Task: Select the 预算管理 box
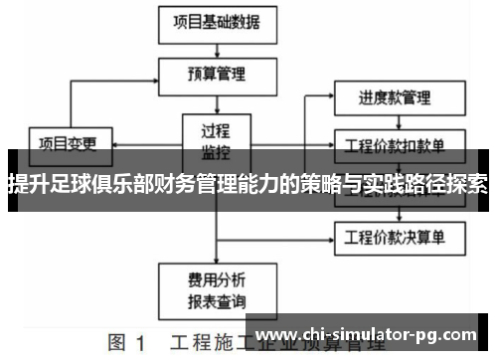pyautogui.click(x=216, y=73)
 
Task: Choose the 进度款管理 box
pyautogui.click(x=395, y=98)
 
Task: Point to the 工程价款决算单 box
pyautogui.click(x=395, y=237)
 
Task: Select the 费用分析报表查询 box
pyautogui.click(x=216, y=289)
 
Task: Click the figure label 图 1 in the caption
pyautogui.click(x=128, y=344)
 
